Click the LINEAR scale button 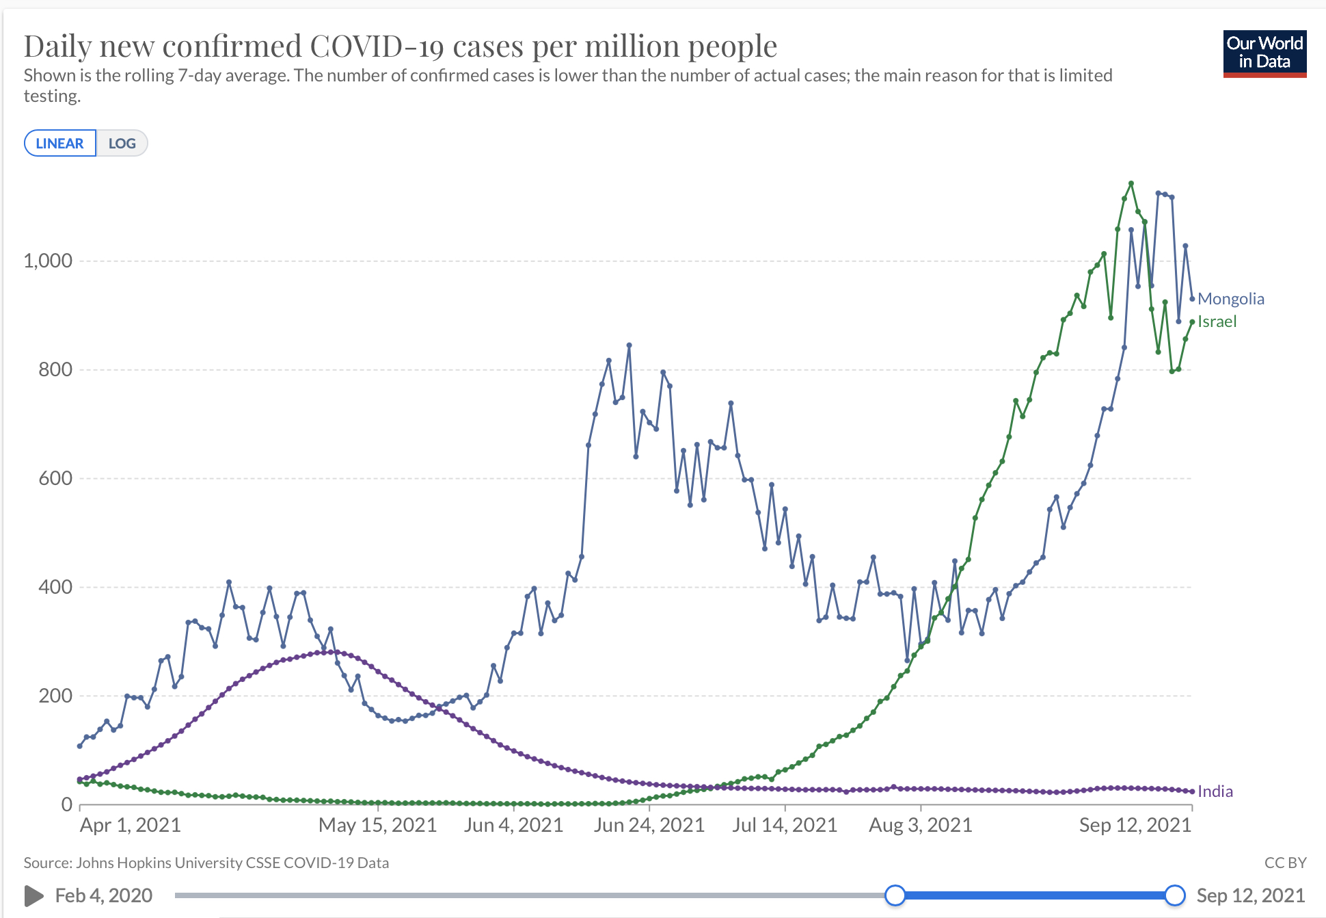pyautogui.click(x=60, y=144)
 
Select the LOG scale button pyautogui.click(x=122, y=144)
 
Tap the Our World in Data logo pyautogui.click(x=1264, y=53)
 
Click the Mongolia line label pyautogui.click(x=1230, y=299)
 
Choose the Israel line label pyautogui.click(x=1217, y=322)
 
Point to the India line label pyautogui.click(x=1215, y=791)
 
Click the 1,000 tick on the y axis pyautogui.click(x=48, y=261)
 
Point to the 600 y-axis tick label pyautogui.click(x=55, y=478)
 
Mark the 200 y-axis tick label pyautogui.click(x=55, y=696)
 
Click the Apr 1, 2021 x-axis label pyautogui.click(x=130, y=825)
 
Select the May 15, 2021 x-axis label pyautogui.click(x=377, y=825)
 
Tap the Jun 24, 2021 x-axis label pyautogui.click(x=649, y=825)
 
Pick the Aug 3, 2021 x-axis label pyautogui.click(x=920, y=825)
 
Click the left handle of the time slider pyautogui.click(x=895, y=895)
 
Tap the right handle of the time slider pyautogui.click(x=1174, y=895)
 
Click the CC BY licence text pyautogui.click(x=1285, y=863)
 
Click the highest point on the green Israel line pyautogui.click(x=1131, y=183)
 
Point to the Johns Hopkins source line pyautogui.click(x=206, y=863)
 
